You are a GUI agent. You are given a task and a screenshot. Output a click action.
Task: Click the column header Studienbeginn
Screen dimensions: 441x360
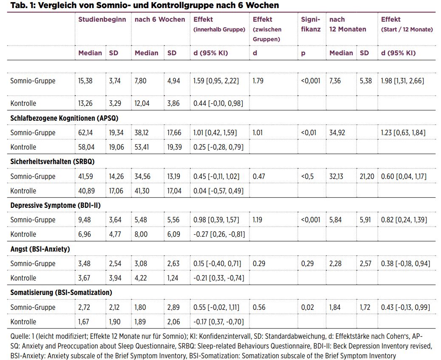tap(102, 20)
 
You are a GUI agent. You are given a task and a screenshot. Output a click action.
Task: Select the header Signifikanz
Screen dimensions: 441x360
tap(311, 24)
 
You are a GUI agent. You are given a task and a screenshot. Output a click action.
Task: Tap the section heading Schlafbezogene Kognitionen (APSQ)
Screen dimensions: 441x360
tap(65, 118)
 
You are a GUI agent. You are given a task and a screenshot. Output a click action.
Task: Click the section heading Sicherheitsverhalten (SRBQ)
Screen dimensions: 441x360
tap(52, 162)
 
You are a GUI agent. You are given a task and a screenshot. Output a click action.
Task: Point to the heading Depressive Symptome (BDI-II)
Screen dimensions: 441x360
tap(55, 205)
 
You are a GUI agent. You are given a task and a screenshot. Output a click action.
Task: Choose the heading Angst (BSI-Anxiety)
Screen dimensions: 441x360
tap(40, 249)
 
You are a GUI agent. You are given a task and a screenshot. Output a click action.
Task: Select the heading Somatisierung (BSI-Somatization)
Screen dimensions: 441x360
tap(61, 293)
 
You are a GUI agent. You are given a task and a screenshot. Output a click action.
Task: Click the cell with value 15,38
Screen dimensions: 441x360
tap(85, 81)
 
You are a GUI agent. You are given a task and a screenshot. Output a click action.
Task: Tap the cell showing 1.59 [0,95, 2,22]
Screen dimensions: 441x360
tap(216, 81)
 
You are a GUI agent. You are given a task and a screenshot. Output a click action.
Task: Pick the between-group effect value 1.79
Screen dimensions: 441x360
tap(258, 81)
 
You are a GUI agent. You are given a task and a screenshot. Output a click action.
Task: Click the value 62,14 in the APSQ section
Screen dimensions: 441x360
tap(85, 133)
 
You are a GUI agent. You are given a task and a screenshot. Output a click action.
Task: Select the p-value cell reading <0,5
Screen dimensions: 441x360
tap(307, 176)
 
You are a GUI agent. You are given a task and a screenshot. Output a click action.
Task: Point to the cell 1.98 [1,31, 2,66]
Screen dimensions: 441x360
tap(402, 81)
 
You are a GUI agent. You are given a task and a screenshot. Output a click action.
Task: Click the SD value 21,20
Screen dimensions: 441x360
tap(367, 176)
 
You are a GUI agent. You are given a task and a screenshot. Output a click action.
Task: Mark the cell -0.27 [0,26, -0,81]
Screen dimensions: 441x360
tap(219, 235)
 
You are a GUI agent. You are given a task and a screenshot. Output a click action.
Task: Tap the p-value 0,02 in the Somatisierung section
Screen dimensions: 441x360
tap(308, 307)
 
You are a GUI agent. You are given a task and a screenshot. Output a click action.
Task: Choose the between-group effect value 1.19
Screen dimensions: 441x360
tap(257, 220)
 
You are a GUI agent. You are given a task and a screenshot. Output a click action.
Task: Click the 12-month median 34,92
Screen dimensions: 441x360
tap(337, 133)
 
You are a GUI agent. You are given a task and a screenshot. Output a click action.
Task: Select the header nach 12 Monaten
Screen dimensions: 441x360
tap(348, 24)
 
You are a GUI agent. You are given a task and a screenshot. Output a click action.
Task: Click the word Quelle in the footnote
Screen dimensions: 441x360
tap(20, 336)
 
